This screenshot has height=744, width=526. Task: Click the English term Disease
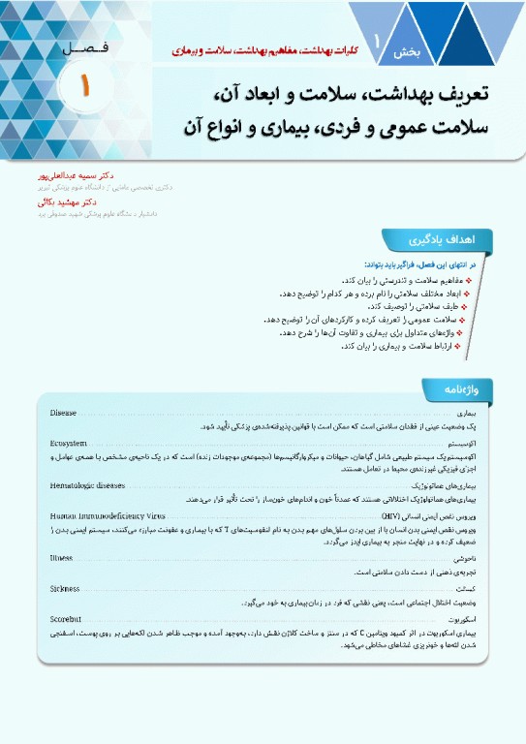click(x=63, y=415)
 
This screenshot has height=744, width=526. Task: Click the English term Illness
click(x=62, y=559)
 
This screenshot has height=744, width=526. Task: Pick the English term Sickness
click(x=65, y=588)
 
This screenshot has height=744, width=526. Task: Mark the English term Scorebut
click(x=67, y=617)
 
